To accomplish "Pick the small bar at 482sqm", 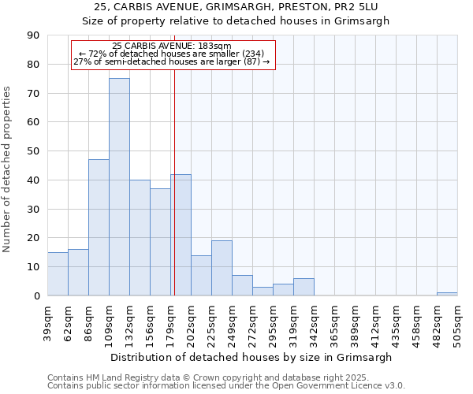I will [447, 294].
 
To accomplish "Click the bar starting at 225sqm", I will [222, 268].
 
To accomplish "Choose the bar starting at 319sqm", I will [304, 287].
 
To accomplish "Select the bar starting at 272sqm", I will [263, 291].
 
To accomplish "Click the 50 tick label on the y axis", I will [33, 151].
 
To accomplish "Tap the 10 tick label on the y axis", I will [33, 267].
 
